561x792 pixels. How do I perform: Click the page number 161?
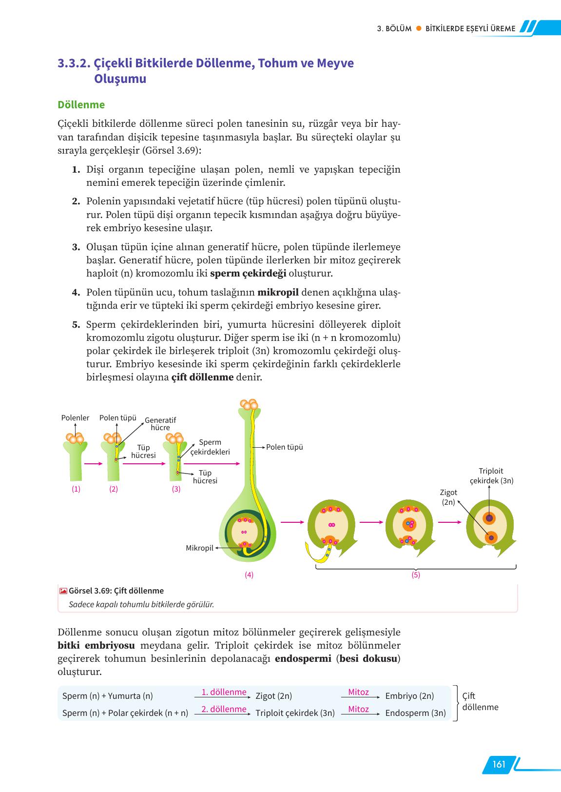click(x=499, y=764)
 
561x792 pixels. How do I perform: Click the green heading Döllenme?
click(x=81, y=105)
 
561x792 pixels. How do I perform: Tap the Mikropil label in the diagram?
click(x=199, y=548)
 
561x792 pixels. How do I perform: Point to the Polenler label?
click(x=75, y=418)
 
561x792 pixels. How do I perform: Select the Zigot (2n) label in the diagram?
click(x=448, y=497)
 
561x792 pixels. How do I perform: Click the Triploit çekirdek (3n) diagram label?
click(x=491, y=476)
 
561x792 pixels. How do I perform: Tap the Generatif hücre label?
click(x=160, y=424)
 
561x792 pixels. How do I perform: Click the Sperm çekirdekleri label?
click(x=210, y=447)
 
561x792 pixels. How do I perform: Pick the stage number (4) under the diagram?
click(x=249, y=574)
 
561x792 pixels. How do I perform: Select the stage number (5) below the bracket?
click(x=415, y=574)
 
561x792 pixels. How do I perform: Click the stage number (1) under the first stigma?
click(x=76, y=489)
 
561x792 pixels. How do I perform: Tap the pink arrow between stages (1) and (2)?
click(x=92, y=464)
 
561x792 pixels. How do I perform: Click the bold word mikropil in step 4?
click(x=278, y=293)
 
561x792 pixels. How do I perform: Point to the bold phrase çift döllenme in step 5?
click(x=202, y=377)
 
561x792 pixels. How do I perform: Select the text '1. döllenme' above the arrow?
click(x=224, y=692)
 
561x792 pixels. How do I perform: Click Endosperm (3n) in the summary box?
click(x=415, y=713)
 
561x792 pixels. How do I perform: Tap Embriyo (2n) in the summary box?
click(x=409, y=696)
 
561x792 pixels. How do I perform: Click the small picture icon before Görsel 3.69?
click(x=63, y=591)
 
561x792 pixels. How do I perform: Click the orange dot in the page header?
click(x=418, y=29)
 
